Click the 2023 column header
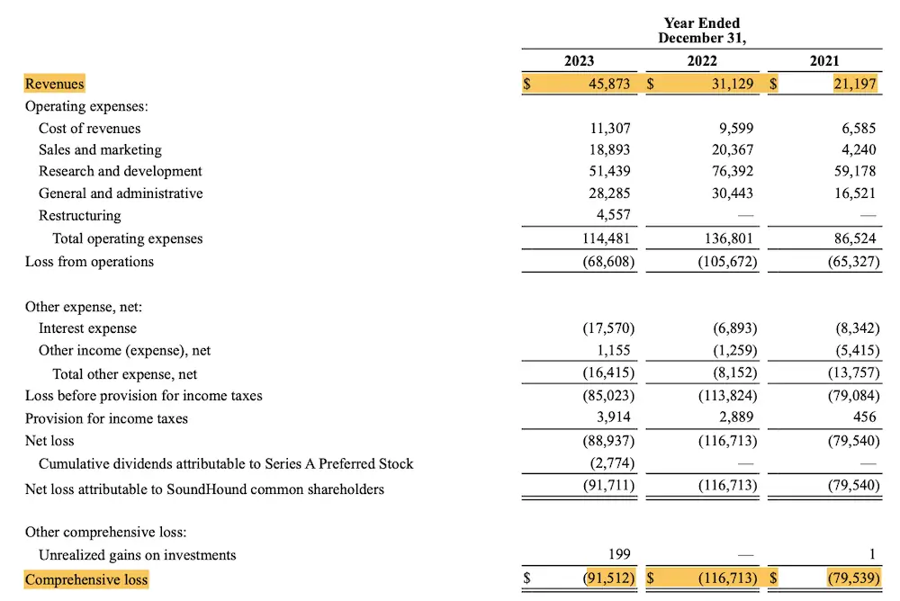pos(579,61)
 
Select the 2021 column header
pos(824,61)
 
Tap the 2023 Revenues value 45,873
pos(609,84)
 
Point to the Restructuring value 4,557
pos(612,216)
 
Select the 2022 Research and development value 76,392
pos(733,172)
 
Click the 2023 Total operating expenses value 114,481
pos(607,239)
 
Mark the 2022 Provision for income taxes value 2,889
pos(735,418)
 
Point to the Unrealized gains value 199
pos(618,555)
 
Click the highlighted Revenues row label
pos(54,84)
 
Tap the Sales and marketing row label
pos(100,150)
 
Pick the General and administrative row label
pos(121,193)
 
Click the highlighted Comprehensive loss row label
pos(86,579)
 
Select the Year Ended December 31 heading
pos(702,31)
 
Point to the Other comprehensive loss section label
pos(105,533)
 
